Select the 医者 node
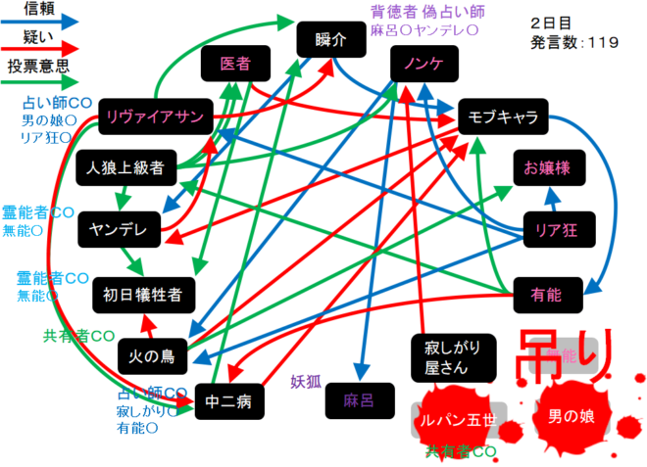tap(234, 65)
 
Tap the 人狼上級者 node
tap(124, 166)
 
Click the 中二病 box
tap(229, 399)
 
